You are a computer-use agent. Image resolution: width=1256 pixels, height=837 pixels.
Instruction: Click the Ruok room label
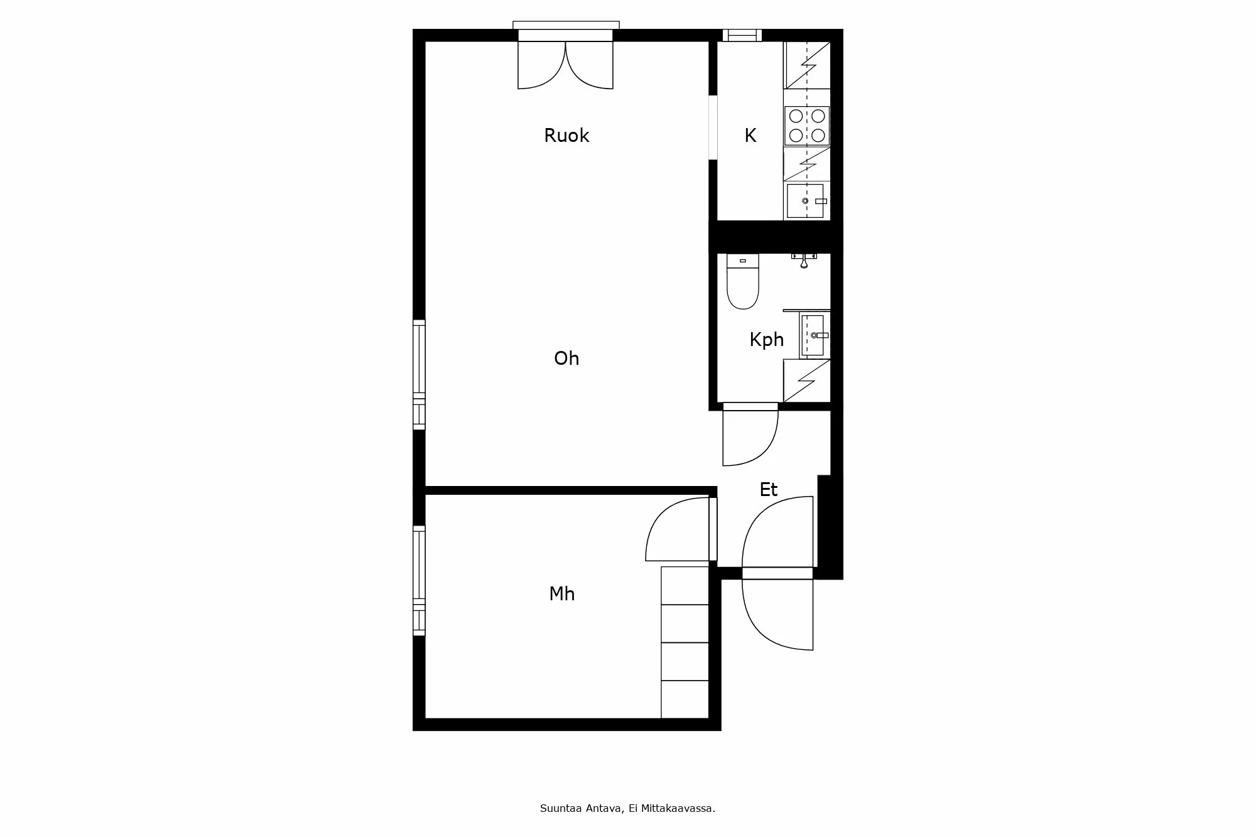click(x=566, y=136)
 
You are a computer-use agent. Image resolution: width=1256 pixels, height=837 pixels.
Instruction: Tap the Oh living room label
click(x=566, y=359)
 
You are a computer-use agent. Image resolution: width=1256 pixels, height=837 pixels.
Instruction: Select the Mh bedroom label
click(x=562, y=594)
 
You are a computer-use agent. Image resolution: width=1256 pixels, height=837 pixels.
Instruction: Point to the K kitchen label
click(x=750, y=136)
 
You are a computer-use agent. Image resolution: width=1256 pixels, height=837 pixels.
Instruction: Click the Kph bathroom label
click(x=767, y=340)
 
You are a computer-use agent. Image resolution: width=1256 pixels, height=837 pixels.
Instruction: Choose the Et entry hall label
click(x=769, y=490)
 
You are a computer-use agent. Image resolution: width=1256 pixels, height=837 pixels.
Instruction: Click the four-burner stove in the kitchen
click(x=807, y=126)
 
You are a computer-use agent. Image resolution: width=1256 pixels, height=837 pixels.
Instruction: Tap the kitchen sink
click(x=805, y=201)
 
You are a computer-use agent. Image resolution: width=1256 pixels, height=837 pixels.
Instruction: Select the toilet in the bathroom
click(x=743, y=281)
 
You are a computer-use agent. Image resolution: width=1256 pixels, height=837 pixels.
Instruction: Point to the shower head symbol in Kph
click(x=804, y=260)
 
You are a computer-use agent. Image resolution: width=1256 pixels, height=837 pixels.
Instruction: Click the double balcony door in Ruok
click(x=565, y=60)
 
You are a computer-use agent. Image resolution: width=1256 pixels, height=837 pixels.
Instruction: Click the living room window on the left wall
click(x=419, y=375)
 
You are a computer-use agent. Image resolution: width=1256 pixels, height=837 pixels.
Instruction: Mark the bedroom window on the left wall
click(x=419, y=581)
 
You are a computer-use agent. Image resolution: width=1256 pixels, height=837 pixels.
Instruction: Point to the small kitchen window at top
click(x=742, y=35)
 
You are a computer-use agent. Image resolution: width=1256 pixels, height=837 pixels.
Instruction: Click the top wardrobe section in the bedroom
click(x=685, y=586)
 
